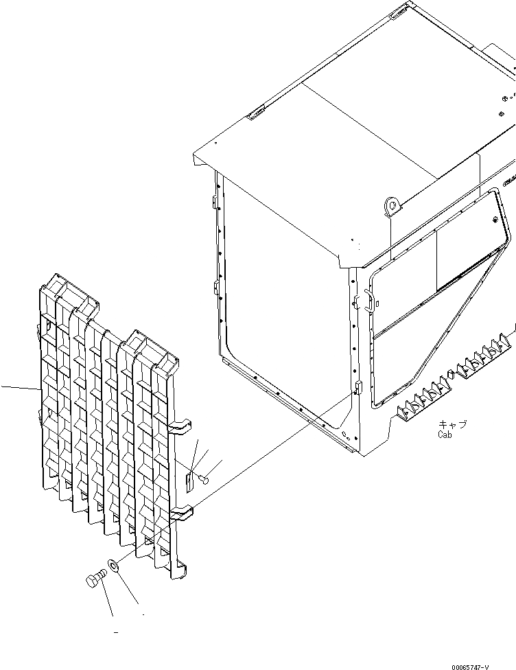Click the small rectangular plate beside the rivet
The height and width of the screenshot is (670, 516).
pyautogui.click(x=190, y=481)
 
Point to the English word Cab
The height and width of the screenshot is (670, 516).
pyautogui.click(x=446, y=435)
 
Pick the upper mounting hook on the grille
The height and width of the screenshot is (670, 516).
pyautogui.click(x=180, y=428)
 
